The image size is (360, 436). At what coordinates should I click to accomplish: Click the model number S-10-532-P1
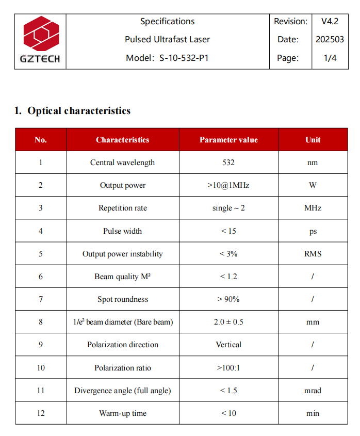point(184,58)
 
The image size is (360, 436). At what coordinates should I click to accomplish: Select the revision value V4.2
point(330,22)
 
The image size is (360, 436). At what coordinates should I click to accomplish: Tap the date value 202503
point(330,40)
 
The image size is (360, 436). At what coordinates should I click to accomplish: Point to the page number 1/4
point(330,58)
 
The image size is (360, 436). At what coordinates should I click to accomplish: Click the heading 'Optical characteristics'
point(79,111)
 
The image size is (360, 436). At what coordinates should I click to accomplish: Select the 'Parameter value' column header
point(228,140)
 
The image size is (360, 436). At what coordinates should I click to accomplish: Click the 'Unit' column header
point(313,140)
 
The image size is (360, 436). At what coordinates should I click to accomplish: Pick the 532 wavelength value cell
point(228,163)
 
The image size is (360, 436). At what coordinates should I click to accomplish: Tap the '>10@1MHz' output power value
point(228,185)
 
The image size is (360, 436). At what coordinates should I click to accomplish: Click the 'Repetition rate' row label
point(123,208)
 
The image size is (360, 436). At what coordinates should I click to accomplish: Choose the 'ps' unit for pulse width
point(313,231)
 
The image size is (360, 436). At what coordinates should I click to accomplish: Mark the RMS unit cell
point(313,253)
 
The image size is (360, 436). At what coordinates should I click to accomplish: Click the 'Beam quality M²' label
point(123,277)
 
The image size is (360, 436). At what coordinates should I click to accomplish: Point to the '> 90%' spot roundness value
point(228,299)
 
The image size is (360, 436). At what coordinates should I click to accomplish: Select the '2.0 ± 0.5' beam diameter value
point(228,322)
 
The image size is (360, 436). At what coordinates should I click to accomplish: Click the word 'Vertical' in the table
point(228,345)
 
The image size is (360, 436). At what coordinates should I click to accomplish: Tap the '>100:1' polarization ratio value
point(228,368)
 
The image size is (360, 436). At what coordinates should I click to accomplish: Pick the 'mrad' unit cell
point(313,391)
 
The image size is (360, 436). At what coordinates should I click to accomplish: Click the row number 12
point(41,413)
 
